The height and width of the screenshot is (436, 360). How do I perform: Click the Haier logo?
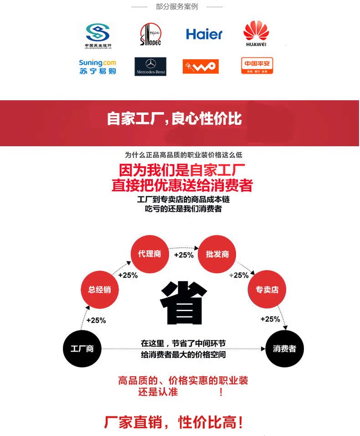coord(204,34)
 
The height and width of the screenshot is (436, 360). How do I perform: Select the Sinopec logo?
coord(150,35)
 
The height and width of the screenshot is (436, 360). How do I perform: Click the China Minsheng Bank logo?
coord(98,36)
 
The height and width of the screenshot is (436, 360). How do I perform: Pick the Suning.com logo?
coord(98,67)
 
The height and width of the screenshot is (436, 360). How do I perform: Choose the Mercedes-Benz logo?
coord(150,67)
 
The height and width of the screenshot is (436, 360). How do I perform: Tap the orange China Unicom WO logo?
coord(201,67)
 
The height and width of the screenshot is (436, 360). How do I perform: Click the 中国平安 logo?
coord(257,66)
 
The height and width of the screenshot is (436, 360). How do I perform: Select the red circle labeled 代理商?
coord(150,254)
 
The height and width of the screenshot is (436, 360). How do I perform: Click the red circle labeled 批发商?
coord(217,254)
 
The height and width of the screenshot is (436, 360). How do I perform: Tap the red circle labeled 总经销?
coord(100,289)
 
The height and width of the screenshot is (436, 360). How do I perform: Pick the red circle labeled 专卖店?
coord(267,289)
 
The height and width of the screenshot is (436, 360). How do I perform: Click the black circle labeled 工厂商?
coord(82,349)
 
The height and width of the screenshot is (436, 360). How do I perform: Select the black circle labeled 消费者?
coord(284,349)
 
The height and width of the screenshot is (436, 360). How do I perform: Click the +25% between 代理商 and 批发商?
coord(184,255)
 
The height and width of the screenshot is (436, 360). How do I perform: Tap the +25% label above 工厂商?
coord(96,320)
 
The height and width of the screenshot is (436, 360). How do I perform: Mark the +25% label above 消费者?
coord(270,319)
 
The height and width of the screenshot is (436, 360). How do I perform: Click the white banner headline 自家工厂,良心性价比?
coord(175,119)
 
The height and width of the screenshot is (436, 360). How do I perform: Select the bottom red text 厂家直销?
coord(133,422)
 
